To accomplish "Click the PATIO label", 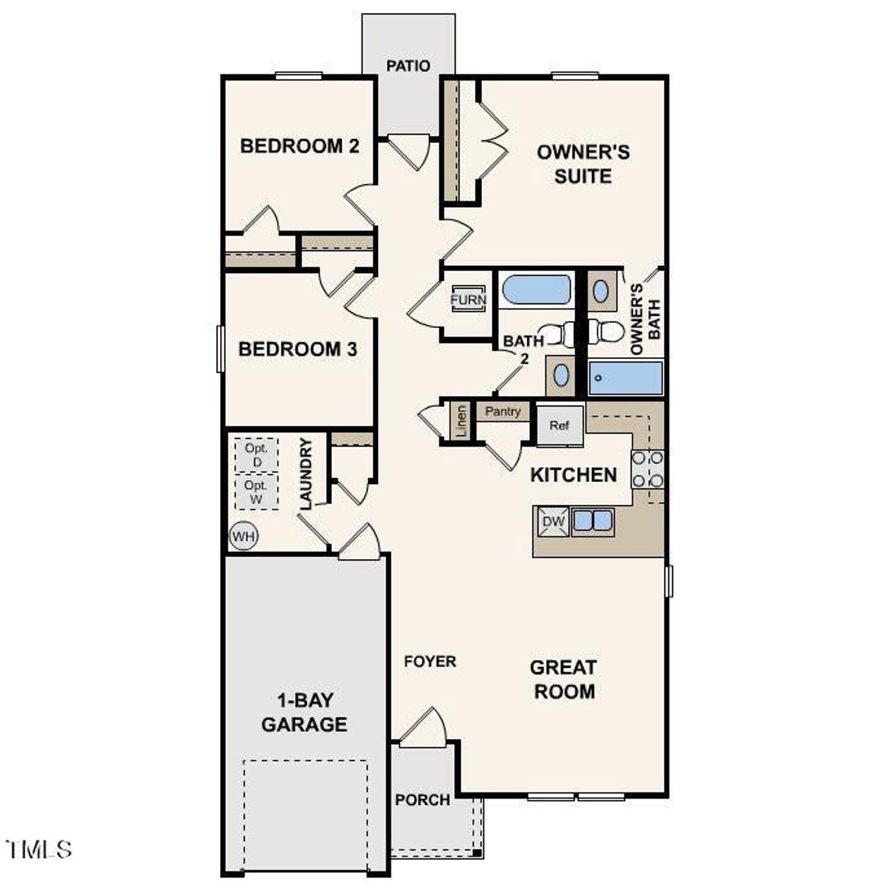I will click(x=408, y=66).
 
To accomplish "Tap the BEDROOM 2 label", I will click(x=299, y=147).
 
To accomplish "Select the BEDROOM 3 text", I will click(x=297, y=349).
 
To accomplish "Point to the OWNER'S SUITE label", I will click(x=583, y=164).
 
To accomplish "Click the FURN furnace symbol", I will click(x=468, y=300).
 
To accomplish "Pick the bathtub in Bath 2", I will click(x=536, y=290).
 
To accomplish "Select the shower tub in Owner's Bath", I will click(x=625, y=378).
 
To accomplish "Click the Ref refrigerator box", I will click(x=559, y=425).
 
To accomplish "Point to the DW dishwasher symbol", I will click(x=552, y=522).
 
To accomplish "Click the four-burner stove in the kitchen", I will click(x=647, y=469).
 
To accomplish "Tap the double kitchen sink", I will click(x=592, y=521).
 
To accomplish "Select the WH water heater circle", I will click(x=243, y=536).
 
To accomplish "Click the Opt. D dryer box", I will click(x=256, y=455).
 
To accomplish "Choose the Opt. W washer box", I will click(x=256, y=491).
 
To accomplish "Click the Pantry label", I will click(x=503, y=412).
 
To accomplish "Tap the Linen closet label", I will click(x=461, y=421).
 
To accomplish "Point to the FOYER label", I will click(x=430, y=662).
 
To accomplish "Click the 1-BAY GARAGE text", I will click(x=304, y=712).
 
